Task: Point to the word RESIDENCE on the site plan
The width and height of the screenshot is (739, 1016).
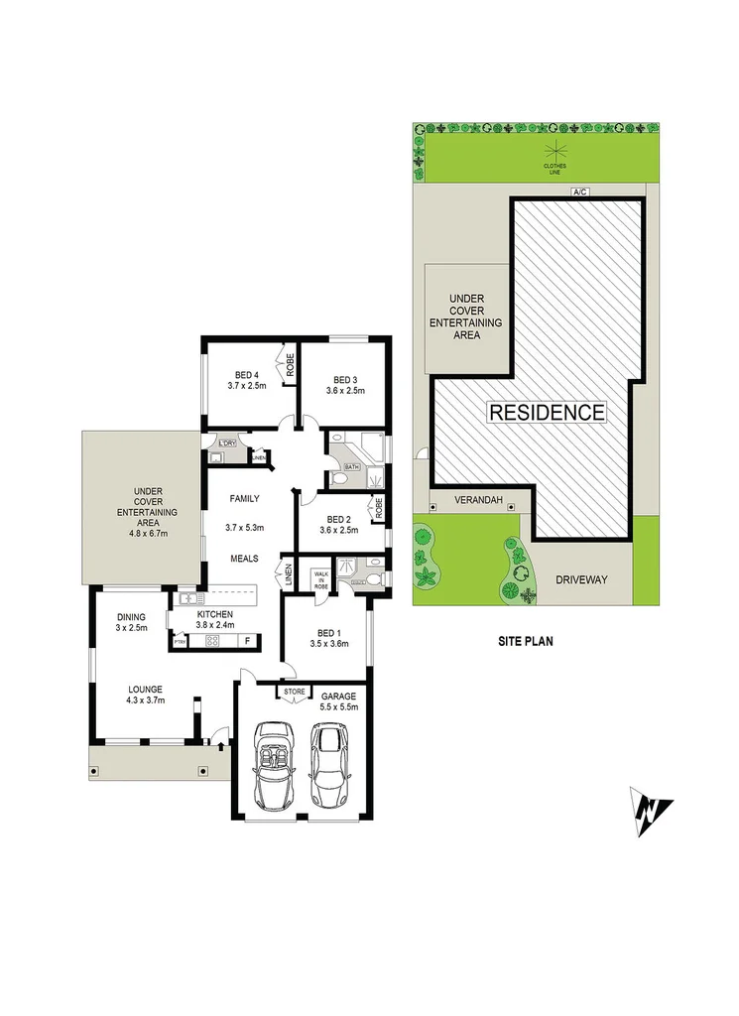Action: (546, 412)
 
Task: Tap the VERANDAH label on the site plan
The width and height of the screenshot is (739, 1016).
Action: (475, 501)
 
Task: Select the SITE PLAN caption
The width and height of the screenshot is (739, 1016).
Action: (525, 642)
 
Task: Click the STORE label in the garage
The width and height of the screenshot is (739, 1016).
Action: (294, 692)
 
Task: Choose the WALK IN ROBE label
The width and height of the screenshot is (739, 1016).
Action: (321, 579)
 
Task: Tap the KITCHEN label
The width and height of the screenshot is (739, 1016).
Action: (214, 615)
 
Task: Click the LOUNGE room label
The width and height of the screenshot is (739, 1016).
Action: (144, 689)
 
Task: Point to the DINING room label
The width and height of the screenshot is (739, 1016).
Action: (131, 616)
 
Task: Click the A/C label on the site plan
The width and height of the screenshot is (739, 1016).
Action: (574, 191)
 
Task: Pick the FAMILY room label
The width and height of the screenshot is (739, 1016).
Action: (244, 498)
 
